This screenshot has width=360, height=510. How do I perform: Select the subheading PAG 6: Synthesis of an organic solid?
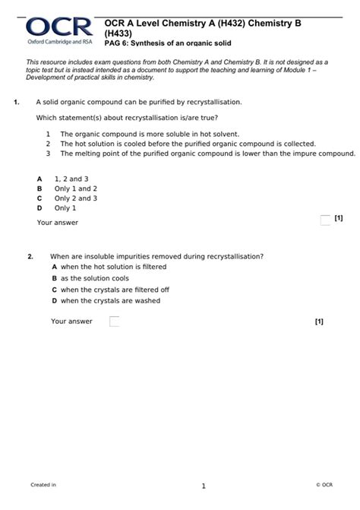(x=167, y=43)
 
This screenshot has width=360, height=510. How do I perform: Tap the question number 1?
(x=16, y=101)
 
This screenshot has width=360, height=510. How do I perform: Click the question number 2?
(x=30, y=256)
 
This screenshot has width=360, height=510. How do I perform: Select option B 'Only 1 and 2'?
(x=75, y=188)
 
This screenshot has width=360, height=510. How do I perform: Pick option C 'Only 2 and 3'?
(x=75, y=198)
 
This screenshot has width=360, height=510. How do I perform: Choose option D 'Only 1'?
(x=65, y=208)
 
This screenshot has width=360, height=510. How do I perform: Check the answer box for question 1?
(x=325, y=220)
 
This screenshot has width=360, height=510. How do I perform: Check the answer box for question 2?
(x=115, y=322)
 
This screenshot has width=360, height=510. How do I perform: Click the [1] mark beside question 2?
(x=319, y=322)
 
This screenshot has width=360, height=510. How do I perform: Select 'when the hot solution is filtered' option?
(x=113, y=268)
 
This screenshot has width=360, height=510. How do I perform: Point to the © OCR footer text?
(x=324, y=485)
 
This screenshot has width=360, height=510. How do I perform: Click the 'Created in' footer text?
(x=43, y=485)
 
